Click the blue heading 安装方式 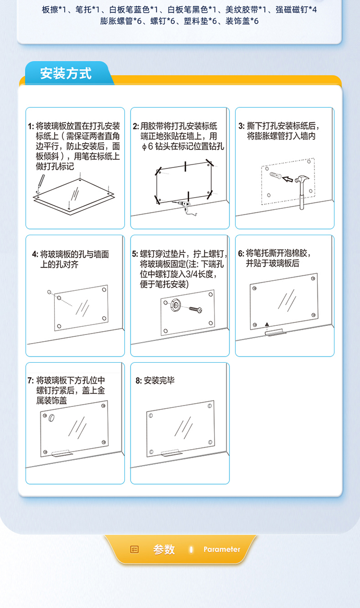tap(66, 73)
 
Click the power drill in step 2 tap(186, 207)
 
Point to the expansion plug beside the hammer tap(276, 175)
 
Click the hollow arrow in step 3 tap(288, 179)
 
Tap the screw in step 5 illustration tap(195, 310)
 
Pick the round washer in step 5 tap(175, 305)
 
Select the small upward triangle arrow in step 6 tap(267, 324)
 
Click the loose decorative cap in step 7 tap(51, 418)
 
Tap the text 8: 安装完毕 tap(155, 381)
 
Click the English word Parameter tap(222, 549)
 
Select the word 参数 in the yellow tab tap(164, 549)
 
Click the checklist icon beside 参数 tap(134, 549)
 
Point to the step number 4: tap(35, 254)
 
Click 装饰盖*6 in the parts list tap(242, 21)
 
